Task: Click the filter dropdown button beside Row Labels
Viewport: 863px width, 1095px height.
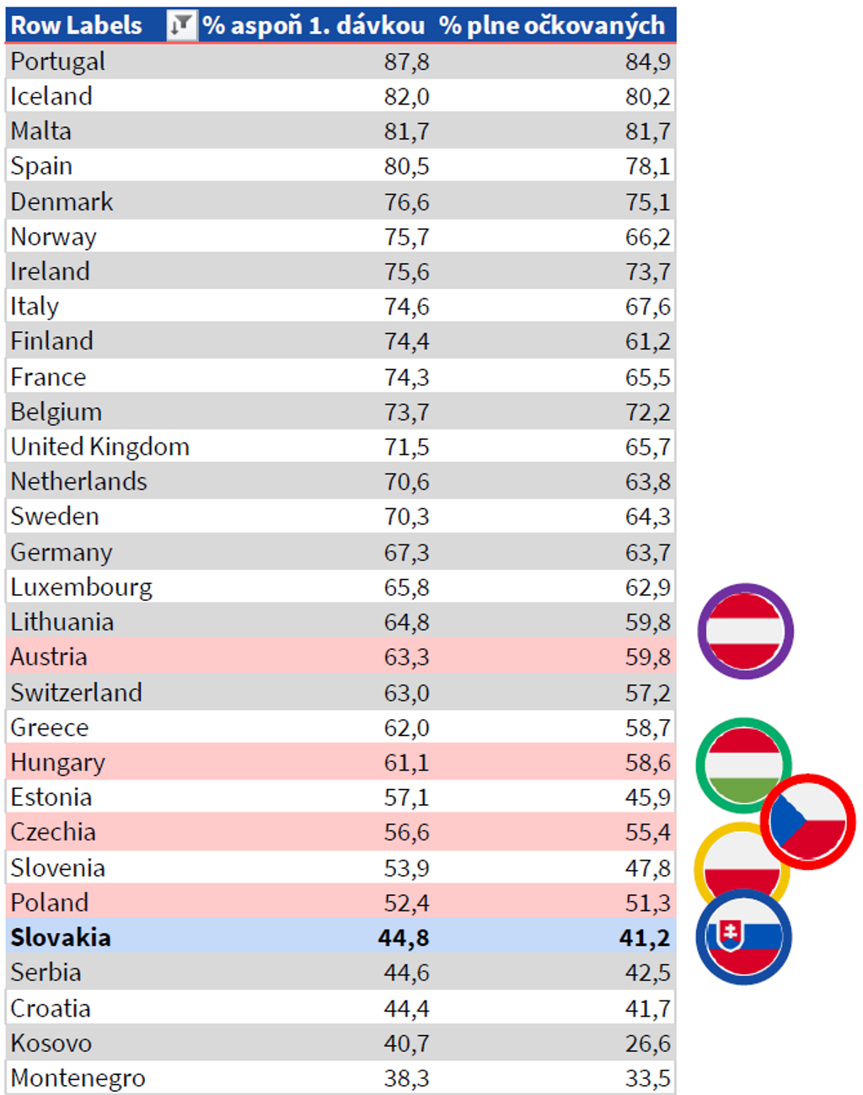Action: (x=180, y=25)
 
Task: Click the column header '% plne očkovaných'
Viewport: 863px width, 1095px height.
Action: (x=552, y=25)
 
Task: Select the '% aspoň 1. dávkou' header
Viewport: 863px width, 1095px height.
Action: (x=314, y=25)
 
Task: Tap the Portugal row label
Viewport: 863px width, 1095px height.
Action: (x=57, y=62)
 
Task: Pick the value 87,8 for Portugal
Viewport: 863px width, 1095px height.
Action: (x=406, y=62)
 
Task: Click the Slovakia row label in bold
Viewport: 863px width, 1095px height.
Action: (x=61, y=937)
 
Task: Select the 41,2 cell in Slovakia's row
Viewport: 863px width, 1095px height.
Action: (x=646, y=937)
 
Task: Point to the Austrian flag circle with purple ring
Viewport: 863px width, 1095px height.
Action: (x=745, y=631)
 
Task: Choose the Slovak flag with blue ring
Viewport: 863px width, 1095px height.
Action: (x=743, y=937)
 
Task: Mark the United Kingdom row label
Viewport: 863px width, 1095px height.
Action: (x=99, y=447)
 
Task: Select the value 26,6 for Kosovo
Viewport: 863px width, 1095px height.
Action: (x=647, y=1044)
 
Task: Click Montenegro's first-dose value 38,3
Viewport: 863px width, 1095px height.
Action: (x=406, y=1078)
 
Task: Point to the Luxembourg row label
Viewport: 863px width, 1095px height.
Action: (x=81, y=587)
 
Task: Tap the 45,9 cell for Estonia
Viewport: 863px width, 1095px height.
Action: (x=647, y=797)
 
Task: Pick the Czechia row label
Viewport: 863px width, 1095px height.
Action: (x=53, y=832)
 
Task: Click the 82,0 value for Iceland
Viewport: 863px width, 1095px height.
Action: (x=406, y=97)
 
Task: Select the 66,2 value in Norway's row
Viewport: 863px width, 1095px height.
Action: (x=647, y=237)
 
